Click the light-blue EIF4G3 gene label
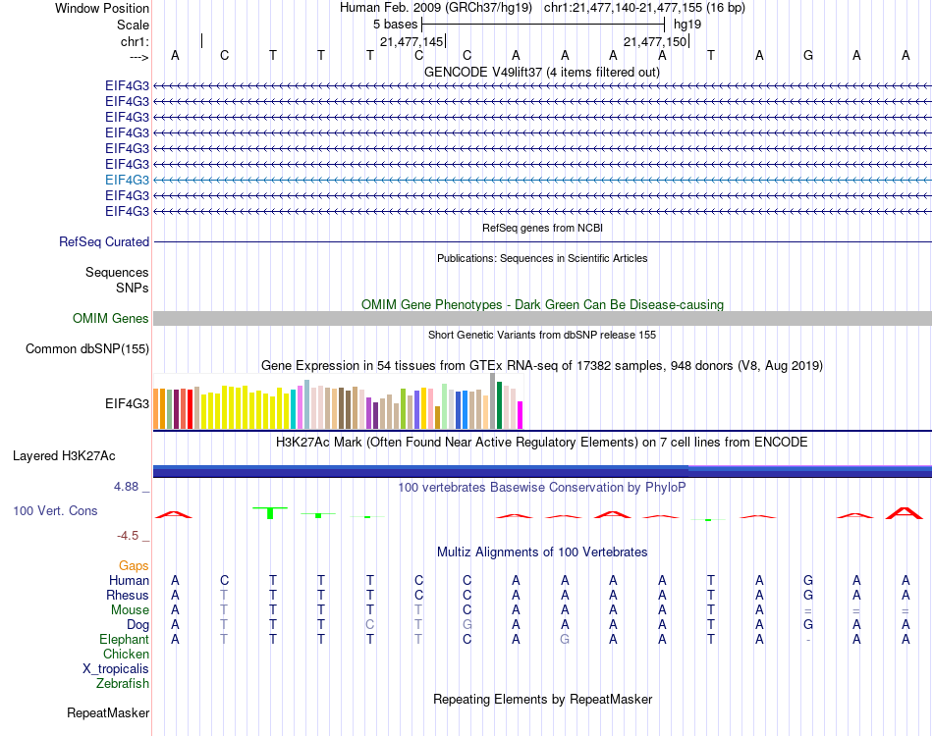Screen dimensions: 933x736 click(x=127, y=180)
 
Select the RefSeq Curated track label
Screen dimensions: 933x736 click(x=104, y=242)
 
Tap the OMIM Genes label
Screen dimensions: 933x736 click(x=110, y=318)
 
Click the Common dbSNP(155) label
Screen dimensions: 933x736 click(x=86, y=349)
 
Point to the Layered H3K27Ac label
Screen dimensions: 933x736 click(x=64, y=456)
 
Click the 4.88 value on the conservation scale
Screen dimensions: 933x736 click(x=126, y=487)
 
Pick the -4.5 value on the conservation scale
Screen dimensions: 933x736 click(x=128, y=536)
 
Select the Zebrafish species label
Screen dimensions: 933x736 click(x=123, y=684)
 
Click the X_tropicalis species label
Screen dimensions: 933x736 click(x=116, y=669)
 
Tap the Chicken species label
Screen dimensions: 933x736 click(x=126, y=654)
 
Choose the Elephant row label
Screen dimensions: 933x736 click(x=125, y=639)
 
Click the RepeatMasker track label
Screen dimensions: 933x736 click(x=108, y=712)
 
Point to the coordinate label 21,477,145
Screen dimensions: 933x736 click(x=412, y=41)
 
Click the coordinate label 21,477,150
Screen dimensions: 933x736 click(x=655, y=41)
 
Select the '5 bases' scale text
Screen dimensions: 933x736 click(x=395, y=25)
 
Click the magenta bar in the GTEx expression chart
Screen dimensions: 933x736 click(x=521, y=415)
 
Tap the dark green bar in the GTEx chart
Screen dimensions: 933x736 click(x=499, y=405)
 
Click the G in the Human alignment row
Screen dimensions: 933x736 click(x=808, y=580)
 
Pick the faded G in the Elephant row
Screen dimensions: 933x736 click(x=565, y=639)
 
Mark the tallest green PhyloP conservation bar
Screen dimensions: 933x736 click(x=270, y=513)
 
